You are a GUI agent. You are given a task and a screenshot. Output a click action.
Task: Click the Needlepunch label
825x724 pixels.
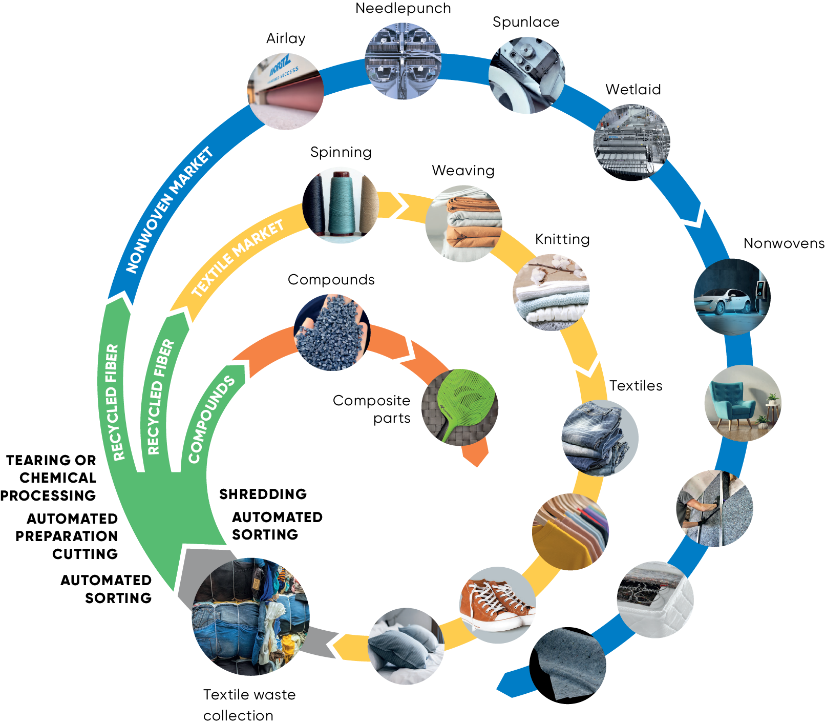[403, 9]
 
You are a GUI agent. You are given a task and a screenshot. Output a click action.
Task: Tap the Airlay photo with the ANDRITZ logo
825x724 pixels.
[285, 91]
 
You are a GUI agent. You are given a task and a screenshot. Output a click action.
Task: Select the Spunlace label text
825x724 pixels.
[525, 22]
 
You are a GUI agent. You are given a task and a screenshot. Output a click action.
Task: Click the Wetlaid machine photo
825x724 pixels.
[631, 142]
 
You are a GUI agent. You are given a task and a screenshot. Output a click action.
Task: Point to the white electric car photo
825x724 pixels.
[732, 297]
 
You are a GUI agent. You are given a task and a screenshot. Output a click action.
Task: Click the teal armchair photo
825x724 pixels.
[743, 403]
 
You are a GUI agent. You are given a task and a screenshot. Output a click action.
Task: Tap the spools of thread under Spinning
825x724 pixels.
[341, 205]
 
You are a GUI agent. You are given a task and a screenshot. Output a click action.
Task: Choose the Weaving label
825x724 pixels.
[463, 171]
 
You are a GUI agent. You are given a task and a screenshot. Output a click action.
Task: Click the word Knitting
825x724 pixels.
[562, 239]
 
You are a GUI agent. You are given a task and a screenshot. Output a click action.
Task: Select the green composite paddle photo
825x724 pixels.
[459, 407]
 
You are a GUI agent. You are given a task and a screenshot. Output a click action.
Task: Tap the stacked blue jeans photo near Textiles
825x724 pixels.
[600, 438]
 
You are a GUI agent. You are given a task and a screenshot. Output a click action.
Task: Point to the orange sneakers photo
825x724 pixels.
[497, 605]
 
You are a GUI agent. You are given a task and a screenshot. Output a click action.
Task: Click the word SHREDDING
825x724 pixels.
[263, 494]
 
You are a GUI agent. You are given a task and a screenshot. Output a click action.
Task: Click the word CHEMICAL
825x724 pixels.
[58, 478]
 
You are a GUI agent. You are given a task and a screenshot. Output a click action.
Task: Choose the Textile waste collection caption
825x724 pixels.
[249, 705]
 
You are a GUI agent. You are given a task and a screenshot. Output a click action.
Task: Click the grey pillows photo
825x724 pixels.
[406, 646]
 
